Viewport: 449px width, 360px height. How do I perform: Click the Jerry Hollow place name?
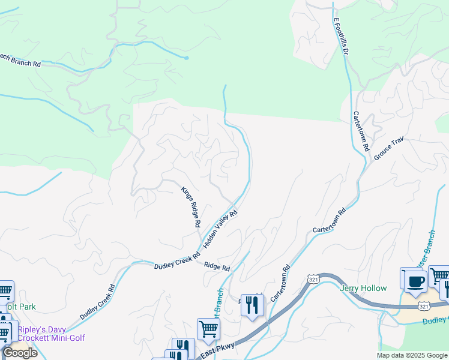point(363,289)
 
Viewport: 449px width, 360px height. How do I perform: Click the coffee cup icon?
point(414,280)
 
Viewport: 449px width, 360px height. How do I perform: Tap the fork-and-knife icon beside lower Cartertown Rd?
point(252,306)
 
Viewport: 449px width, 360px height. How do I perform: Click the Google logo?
point(20,353)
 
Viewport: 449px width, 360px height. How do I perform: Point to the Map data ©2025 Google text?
point(411,355)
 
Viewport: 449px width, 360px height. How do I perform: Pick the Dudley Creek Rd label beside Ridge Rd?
point(176,260)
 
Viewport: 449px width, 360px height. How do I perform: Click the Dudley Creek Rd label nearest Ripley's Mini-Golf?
point(95,302)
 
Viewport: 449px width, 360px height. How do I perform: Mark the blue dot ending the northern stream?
point(187,58)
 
